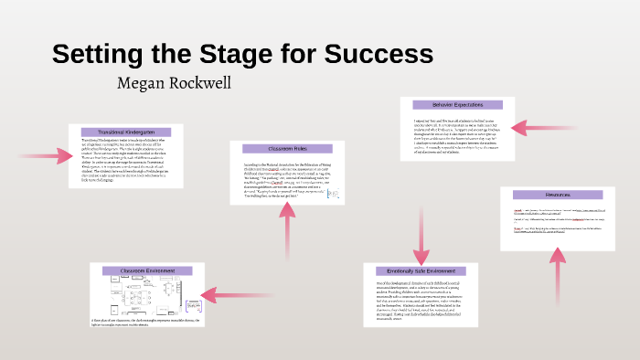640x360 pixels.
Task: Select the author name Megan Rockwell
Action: [x=176, y=83]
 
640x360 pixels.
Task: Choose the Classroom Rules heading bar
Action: [x=286, y=147]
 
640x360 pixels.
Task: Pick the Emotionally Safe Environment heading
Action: [x=420, y=270]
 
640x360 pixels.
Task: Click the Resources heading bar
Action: [x=557, y=195]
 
